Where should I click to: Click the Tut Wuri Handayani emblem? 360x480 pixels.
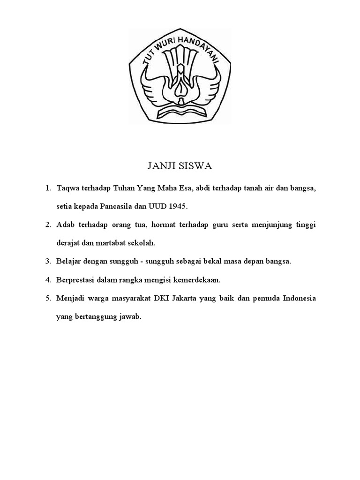pos(180,75)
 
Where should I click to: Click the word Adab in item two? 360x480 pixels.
pos(66,225)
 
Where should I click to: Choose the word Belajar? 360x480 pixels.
pos(68,261)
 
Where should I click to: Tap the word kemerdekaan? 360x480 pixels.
pos(199,280)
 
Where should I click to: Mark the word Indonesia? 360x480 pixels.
pos(300,299)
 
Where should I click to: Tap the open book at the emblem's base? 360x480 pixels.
pos(180,112)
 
